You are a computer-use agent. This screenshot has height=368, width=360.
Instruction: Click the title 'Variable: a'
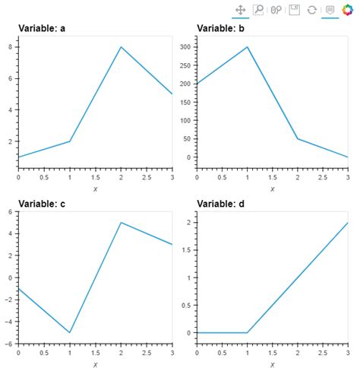(x=42, y=28)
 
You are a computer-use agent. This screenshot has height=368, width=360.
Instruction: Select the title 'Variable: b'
(x=221, y=28)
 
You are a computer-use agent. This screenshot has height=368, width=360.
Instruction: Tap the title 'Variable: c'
(x=42, y=203)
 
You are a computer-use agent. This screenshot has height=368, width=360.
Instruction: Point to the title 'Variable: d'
(x=221, y=203)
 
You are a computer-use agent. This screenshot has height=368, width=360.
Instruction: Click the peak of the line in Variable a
(x=121, y=47)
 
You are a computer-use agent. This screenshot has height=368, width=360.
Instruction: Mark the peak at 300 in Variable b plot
(x=248, y=47)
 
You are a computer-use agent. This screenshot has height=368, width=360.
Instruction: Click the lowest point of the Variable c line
(x=70, y=332)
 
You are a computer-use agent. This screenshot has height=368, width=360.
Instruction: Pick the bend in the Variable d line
(x=248, y=332)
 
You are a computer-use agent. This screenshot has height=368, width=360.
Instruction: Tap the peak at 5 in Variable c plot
(x=121, y=223)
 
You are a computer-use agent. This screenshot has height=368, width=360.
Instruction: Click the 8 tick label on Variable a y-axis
(x=11, y=47)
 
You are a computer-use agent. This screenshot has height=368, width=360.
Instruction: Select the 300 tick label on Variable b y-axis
(x=184, y=47)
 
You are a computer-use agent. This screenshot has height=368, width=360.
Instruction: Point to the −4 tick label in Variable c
(x=9, y=322)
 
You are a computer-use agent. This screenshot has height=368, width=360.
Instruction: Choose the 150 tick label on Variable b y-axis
(x=184, y=102)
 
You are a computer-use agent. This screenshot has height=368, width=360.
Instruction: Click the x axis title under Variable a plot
(x=95, y=189)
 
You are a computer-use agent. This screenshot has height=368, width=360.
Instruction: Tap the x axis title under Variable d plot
(x=273, y=364)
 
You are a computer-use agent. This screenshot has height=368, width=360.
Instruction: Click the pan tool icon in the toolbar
(x=240, y=10)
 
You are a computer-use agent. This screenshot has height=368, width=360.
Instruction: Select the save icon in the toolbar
(x=294, y=10)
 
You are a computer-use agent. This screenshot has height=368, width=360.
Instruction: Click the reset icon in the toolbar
(x=311, y=10)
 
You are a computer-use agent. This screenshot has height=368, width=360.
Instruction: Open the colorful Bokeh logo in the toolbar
(x=348, y=10)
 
